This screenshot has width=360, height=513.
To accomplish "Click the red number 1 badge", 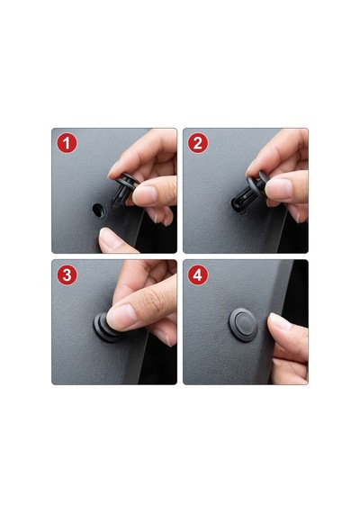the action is tap(67, 143).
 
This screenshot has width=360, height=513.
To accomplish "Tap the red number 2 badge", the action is tap(198, 143).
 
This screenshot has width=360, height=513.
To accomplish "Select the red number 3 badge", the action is tap(67, 274).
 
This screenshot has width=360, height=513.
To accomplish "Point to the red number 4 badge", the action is tap(198, 274).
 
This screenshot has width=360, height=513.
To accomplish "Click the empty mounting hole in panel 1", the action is tap(99, 210).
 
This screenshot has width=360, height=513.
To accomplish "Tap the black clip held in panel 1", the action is tap(123, 190).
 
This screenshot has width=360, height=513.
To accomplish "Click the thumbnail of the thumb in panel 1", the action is tap(144, 194).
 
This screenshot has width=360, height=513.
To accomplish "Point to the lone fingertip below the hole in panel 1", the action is tap(112, 240).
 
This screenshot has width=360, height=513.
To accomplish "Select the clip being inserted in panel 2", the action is tap(249, 191).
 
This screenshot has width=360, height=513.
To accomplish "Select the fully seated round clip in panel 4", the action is tap(243, 325).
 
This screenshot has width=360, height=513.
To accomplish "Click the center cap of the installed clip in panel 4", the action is tap(244, 324).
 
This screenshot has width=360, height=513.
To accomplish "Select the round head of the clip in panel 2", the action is tap(258, 184).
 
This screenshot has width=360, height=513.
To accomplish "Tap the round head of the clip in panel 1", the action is tap(128, 181).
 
